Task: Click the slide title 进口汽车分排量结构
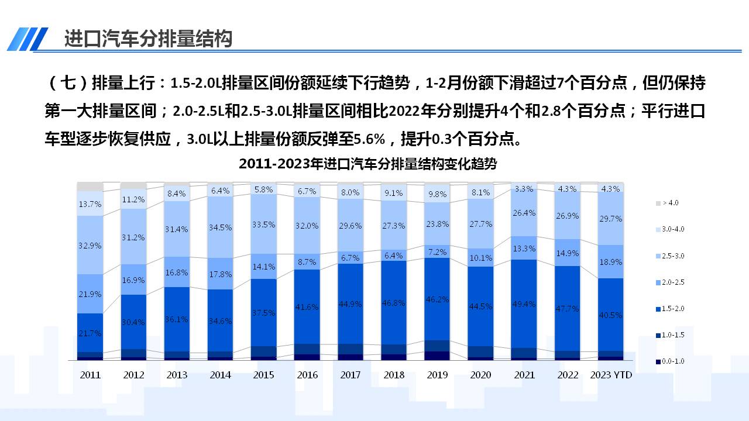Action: pyautogui.click(x=148, y=39)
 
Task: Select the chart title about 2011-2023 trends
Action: pyautogui.click(x=367, y=164)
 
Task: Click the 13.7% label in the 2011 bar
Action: pyautogui.click(x=90, y=204)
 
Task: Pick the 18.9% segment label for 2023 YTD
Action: pyautogui.click(x=610, y=262)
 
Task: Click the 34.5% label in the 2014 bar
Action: pyautogui.click(x=221, y=227)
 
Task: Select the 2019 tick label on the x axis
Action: pyautogui.click(x=437, y=375)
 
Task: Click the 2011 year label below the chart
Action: pyautogui.click(x=90, y=375)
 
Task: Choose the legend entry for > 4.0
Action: pyautogui.click(x=669, y=203)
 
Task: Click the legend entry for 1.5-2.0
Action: pyautogui.click(x=672, y=309)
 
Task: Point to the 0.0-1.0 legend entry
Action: pyautogui.click(x=672, y=361)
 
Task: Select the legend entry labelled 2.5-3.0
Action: pyautogui.click(x=672, y=256)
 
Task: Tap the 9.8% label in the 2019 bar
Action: pyautogui.click(x=437, y=195)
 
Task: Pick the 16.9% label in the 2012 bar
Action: pyautogui.click(x=133, y=280)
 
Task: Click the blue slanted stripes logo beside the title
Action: pyautogui.click(x=28, y=39)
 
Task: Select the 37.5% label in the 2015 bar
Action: pyautogui.click(x=264, y=313)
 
